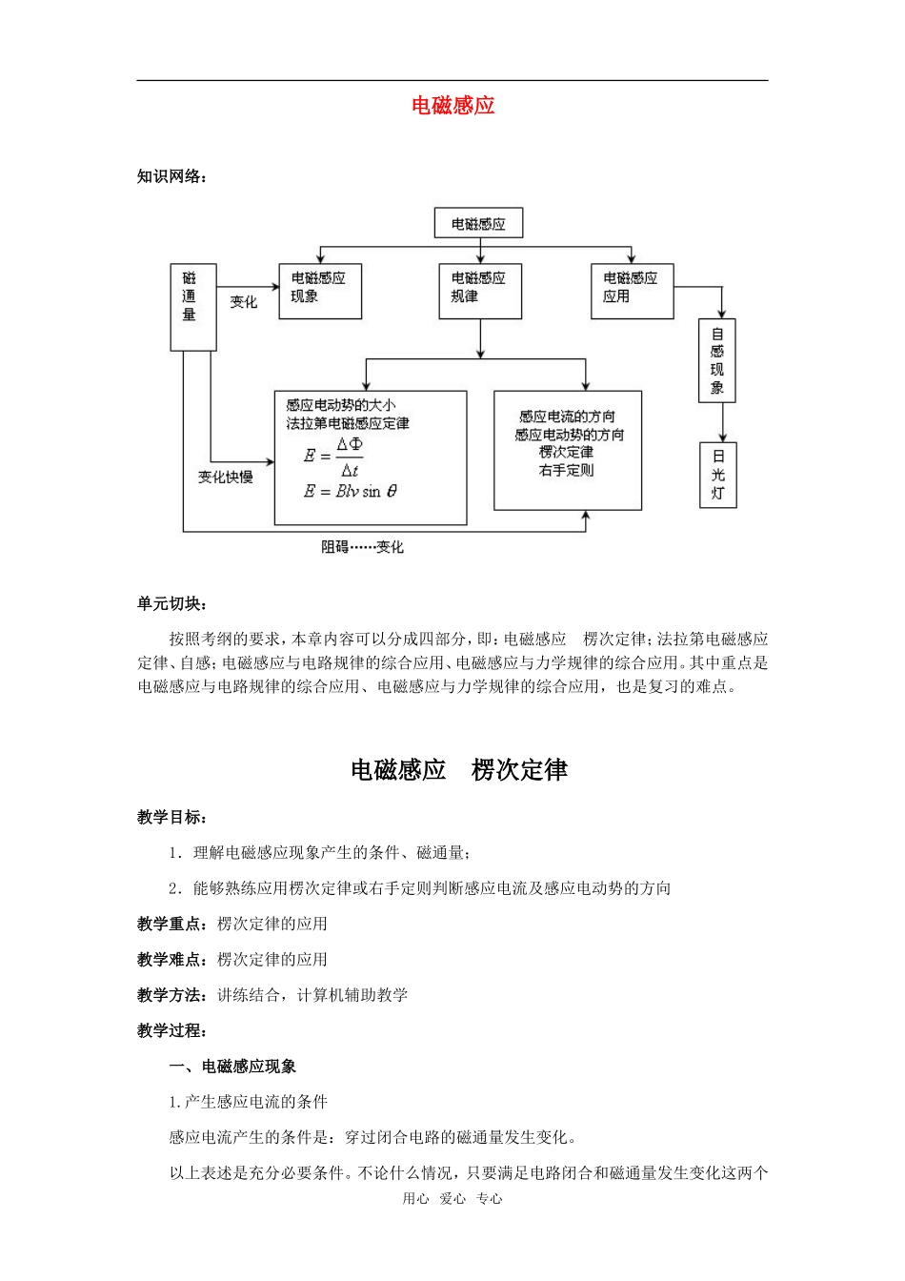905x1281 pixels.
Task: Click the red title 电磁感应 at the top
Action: click(452, 106)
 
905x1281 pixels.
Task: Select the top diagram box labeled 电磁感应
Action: click(478, 224)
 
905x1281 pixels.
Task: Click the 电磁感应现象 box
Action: click(319, 291)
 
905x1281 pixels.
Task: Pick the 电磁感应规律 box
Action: click(479, 291)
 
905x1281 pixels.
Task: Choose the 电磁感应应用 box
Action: click(632, 291)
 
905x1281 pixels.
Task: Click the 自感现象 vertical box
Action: click(717, 360)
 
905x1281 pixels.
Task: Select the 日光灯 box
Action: click(717, 475)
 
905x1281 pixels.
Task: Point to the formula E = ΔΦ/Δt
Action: click(334, 457)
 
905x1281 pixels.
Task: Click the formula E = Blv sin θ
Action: click(350, 492)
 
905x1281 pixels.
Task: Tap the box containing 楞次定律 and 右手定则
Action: click(567, 450)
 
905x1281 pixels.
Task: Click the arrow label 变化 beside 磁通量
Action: click(244, 302)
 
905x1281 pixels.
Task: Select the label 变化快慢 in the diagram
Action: click(226, 477)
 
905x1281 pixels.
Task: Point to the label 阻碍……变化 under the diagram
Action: click(362, 547)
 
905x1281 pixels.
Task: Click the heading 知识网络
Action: click(171, 176)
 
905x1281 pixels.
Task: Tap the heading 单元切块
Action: click(171, 603)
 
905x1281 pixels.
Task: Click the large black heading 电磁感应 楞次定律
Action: click(459, 770)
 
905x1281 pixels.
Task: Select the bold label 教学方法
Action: click(171, 995)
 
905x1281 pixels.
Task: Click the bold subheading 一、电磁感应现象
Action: click(233, 1067)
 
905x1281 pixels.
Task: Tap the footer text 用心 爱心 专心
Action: click(452, 1199)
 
